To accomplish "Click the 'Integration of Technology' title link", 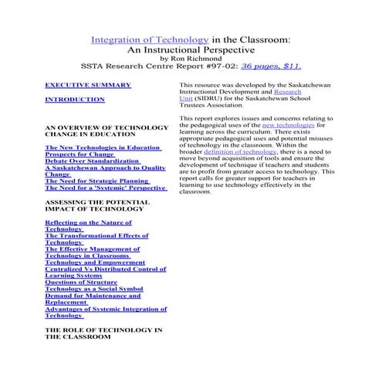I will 150,39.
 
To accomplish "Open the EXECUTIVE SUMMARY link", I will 87,85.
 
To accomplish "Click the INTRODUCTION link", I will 75,100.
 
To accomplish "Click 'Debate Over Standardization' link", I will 92,161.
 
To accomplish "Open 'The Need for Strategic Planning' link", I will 96,181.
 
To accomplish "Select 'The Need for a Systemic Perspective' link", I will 105,188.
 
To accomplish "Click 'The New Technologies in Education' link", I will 103,147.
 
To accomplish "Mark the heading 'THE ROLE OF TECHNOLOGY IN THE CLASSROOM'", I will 103,333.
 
